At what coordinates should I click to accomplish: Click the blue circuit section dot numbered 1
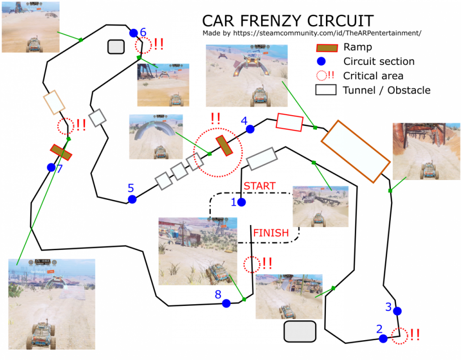241,202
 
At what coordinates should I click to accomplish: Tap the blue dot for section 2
383,338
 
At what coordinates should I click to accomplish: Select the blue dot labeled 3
397,311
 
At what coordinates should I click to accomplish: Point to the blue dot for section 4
250,129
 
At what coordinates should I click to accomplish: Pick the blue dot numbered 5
132,199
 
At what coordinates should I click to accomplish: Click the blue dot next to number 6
133,33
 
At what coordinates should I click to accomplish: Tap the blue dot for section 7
51,167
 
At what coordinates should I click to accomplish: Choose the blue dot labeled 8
226,303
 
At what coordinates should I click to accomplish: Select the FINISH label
271,233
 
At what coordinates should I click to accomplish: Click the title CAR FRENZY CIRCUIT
288,21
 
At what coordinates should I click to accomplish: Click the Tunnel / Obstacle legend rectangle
326,90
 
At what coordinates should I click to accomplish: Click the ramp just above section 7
61,152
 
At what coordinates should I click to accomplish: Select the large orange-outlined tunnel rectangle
355,151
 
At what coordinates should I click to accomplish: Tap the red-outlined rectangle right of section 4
289,122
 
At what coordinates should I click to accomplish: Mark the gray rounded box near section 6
116,46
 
